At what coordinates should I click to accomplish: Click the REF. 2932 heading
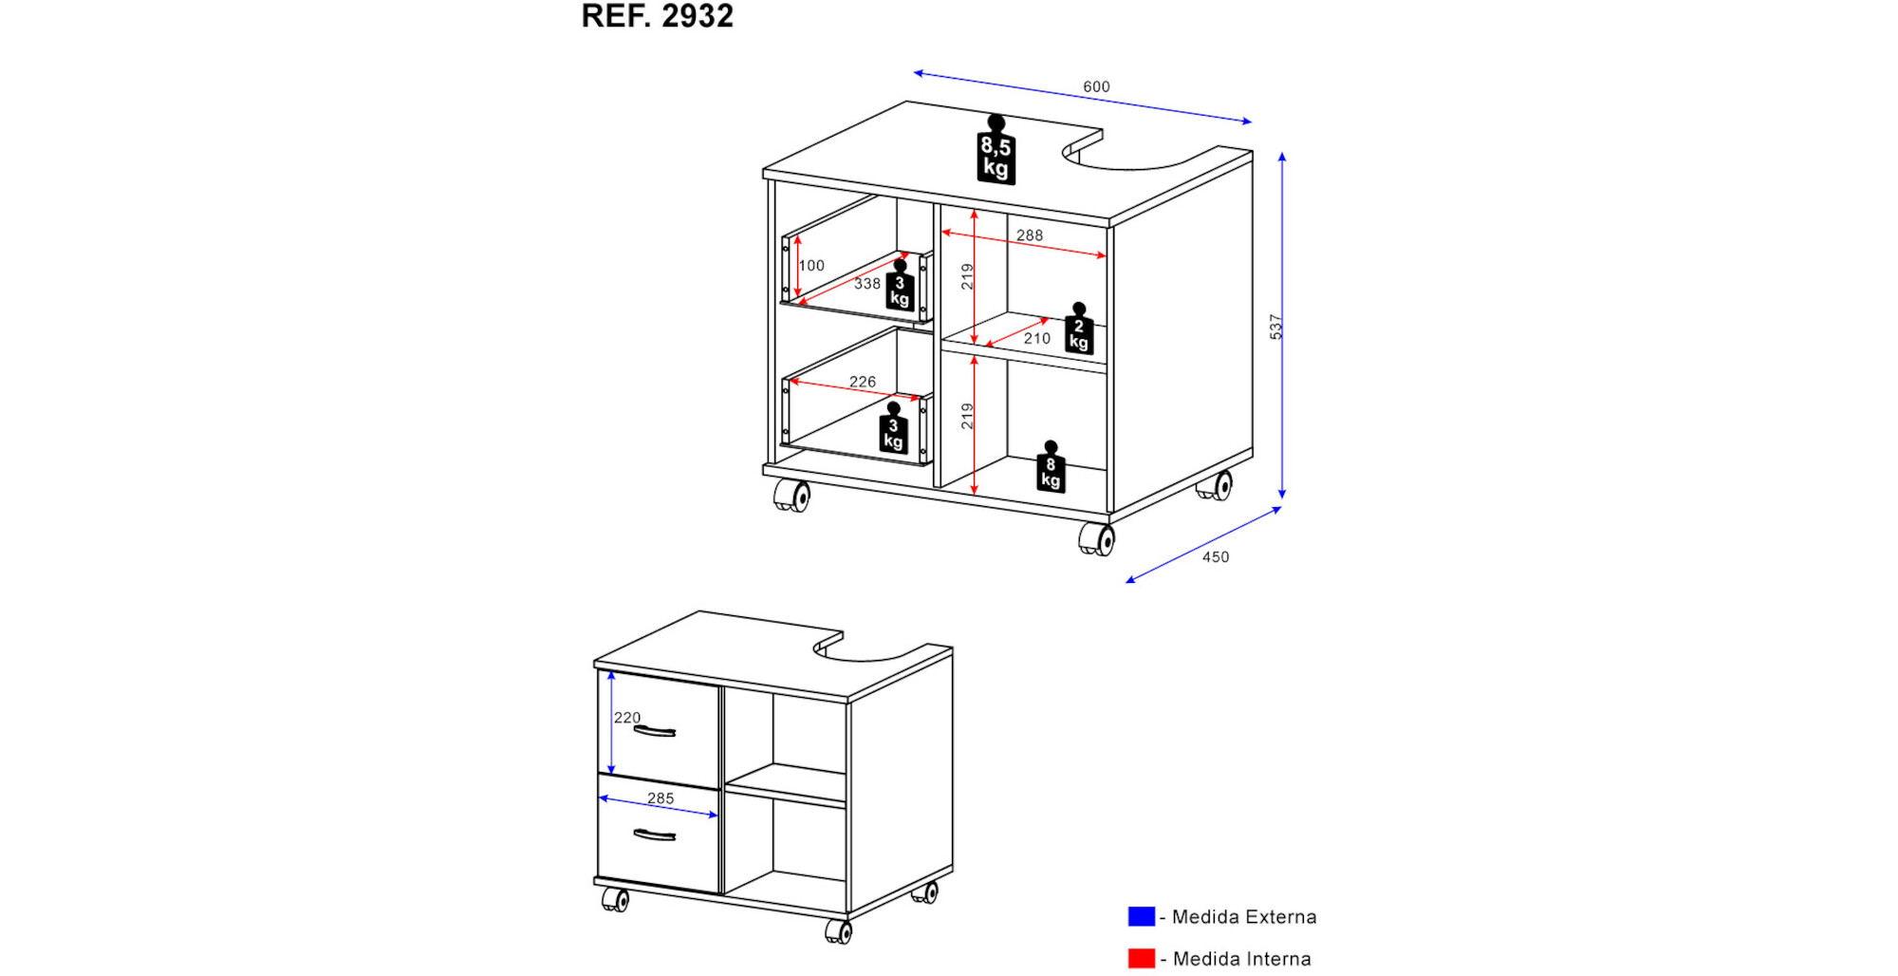(657, 16)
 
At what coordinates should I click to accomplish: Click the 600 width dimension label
(1096, 86)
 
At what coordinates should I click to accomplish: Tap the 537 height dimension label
(1276, 327)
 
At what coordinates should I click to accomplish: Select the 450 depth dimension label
(1216, 557)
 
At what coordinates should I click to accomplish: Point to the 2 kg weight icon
(1079, 328)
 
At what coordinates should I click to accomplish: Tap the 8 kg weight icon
(1051, 467)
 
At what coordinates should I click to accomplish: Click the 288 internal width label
(1030, 235)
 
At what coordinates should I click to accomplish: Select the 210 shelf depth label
(1037, 339)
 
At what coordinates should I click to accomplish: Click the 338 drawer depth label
(867, 284)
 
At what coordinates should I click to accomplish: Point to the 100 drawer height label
(811, 266)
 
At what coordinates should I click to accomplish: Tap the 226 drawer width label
(863, 383)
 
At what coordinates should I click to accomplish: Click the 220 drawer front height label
(627, 718)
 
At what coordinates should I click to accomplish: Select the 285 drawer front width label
(661, 798)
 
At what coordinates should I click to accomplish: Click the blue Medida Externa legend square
(1142, 916)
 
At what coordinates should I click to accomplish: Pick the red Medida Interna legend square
(1142, 959)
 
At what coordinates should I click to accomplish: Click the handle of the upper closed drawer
(654, 731)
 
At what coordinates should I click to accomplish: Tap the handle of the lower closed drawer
(654, 835)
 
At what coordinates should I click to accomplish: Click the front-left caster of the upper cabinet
(791, 496)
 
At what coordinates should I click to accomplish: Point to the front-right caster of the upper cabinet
(1097, 539)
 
